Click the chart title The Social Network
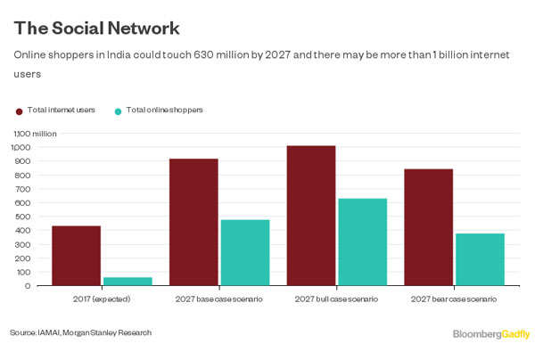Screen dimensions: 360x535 pyautogui.click(x=96, y=29)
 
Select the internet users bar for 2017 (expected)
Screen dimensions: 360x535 pyautogui.click(x=76, y=256)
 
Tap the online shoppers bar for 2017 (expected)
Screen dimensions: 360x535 pyautogui.click(x=128, y=282)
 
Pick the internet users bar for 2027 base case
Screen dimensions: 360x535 pyautogui.click(x=193, y=222)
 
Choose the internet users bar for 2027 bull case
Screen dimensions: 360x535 pyautogui.click(x=311, y=216)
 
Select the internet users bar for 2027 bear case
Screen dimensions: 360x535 pyautogui.click(x=428, y=227)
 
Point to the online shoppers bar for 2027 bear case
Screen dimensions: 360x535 pyautogui.click(x=480, y=259)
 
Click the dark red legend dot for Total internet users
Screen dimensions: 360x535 pyautogui.click(x=20, y=111)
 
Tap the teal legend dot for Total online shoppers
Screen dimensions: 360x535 pyautogui.click(x=119, y=111)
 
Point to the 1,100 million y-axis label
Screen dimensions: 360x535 pyautogui.click(x=35, y=133)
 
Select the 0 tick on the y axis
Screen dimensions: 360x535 pyautogui.click(x=28, y=286)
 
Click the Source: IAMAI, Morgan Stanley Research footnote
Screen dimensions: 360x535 pyautogui.click(x=81, y=333)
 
